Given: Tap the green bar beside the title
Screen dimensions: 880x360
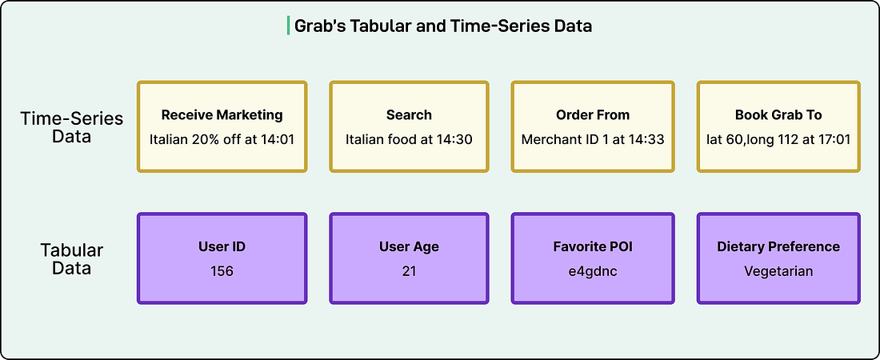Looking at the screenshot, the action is (x=289, y=26).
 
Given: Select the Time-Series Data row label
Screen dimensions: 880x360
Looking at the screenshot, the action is (x=72, y=127).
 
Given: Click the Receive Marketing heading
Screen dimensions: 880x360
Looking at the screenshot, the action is (x=222, y=115).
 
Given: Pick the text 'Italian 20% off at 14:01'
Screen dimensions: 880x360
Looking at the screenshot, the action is (x=222, y=139).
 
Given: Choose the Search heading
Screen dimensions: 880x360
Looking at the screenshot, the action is (x=409, y=115).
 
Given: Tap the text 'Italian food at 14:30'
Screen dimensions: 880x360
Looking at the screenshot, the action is (x=409, y=139).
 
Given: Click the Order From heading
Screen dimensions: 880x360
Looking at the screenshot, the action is (x=593, y=115).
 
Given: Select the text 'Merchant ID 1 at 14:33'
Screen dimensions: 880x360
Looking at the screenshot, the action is (x=593, y=139).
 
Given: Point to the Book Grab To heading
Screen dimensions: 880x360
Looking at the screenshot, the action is (x=778, y=115).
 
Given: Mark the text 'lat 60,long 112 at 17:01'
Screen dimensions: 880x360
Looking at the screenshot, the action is (x=778, y=139).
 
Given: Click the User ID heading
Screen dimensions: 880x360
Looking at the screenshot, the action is (x=222, y=246).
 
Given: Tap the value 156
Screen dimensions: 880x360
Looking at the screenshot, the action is (x=222, y=271).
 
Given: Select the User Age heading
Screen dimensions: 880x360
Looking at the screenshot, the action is (x=409, y=246).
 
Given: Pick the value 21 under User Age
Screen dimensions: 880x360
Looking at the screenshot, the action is (x=409, y=271).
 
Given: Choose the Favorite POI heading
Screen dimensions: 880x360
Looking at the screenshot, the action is (x=593, y=246).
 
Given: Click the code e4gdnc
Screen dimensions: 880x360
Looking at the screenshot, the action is (x=593, y=271).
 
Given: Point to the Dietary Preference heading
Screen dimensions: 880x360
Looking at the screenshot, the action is (x=778, y=246).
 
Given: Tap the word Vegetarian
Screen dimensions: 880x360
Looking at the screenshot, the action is (x=778, y=271).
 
